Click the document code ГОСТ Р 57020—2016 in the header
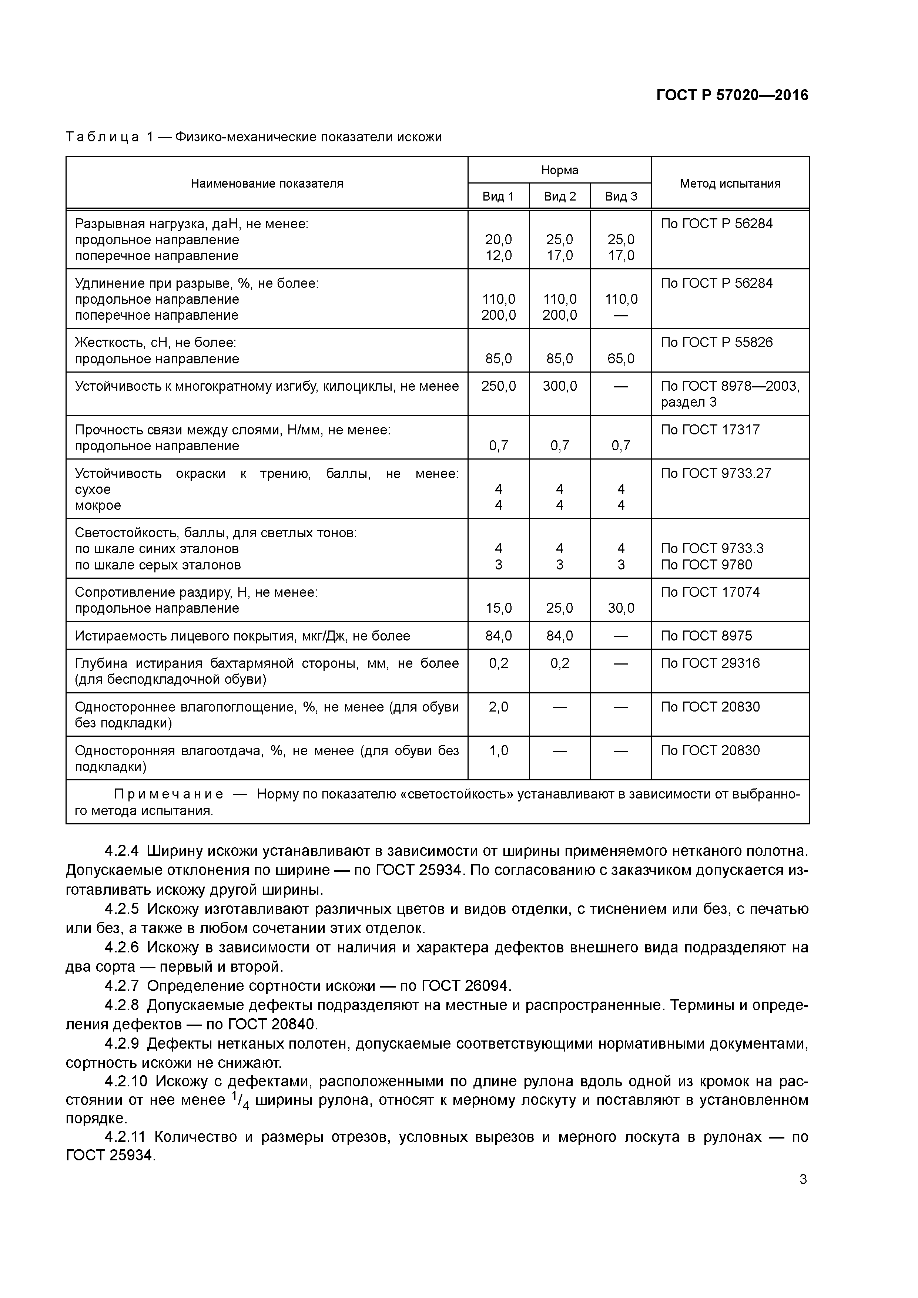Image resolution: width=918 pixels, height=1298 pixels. click(x=732, y=95)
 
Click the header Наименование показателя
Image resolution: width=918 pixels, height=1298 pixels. click(x=267, y=183)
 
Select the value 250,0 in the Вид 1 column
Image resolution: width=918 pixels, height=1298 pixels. click(x=498, y=386)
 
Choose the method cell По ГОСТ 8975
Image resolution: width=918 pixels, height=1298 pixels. click(x=706, y=636)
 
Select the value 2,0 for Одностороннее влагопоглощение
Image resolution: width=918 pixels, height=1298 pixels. click(x=498, y=707)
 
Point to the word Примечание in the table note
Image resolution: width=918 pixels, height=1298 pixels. click(x=168, y=794)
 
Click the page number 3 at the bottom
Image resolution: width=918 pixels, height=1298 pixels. click(x=803, y=1180)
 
